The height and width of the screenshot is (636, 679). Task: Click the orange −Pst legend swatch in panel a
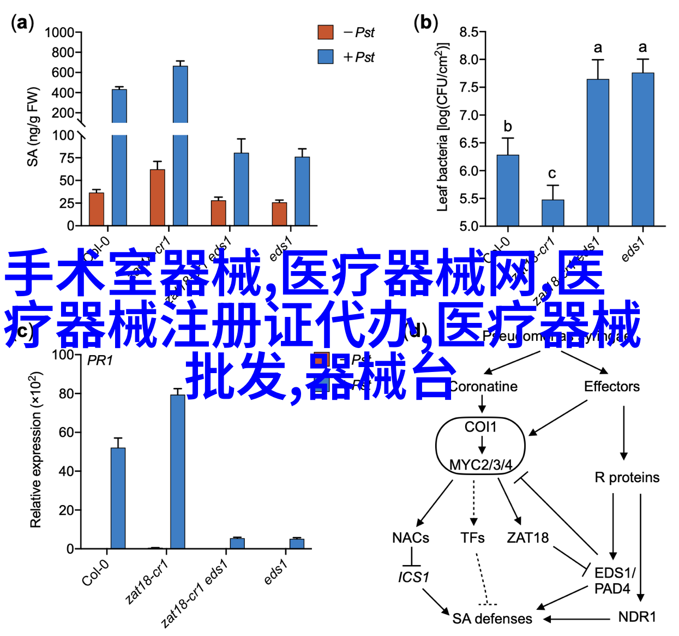pyautogui.click(x=326, y=32)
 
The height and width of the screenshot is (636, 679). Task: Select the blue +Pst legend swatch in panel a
pyautogui.click(x=326, y=57)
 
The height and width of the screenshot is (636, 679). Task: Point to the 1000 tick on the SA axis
pyautogui.click(x=59, y=33)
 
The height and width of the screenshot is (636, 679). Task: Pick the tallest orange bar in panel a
pyautogui.click(x=158, y=197)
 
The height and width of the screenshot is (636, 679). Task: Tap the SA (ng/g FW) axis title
pyautogui.click(x=33, y=127)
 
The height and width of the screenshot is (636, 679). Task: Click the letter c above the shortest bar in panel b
pyautogui.click(x=552, y=173)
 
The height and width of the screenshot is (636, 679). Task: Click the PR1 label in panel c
pyautogui.click(x=100, y=361)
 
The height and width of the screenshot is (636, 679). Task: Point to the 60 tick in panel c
pyautogui.click(x=66, y=433)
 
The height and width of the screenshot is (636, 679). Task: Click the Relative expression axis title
pyautogui.click(x=35, y=449)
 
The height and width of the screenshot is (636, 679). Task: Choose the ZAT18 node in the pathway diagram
pyautogui.click(x=527, y=538)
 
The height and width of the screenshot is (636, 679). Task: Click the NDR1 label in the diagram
pyautogui.click(x=637, y=617)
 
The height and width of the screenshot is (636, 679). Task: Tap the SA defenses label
pyautogui.click(x=492, y=619)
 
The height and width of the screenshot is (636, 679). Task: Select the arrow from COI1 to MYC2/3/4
pyautogui.click(x=482, y=445)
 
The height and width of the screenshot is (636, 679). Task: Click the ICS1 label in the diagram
pyautogui.click(x=413, y=577)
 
